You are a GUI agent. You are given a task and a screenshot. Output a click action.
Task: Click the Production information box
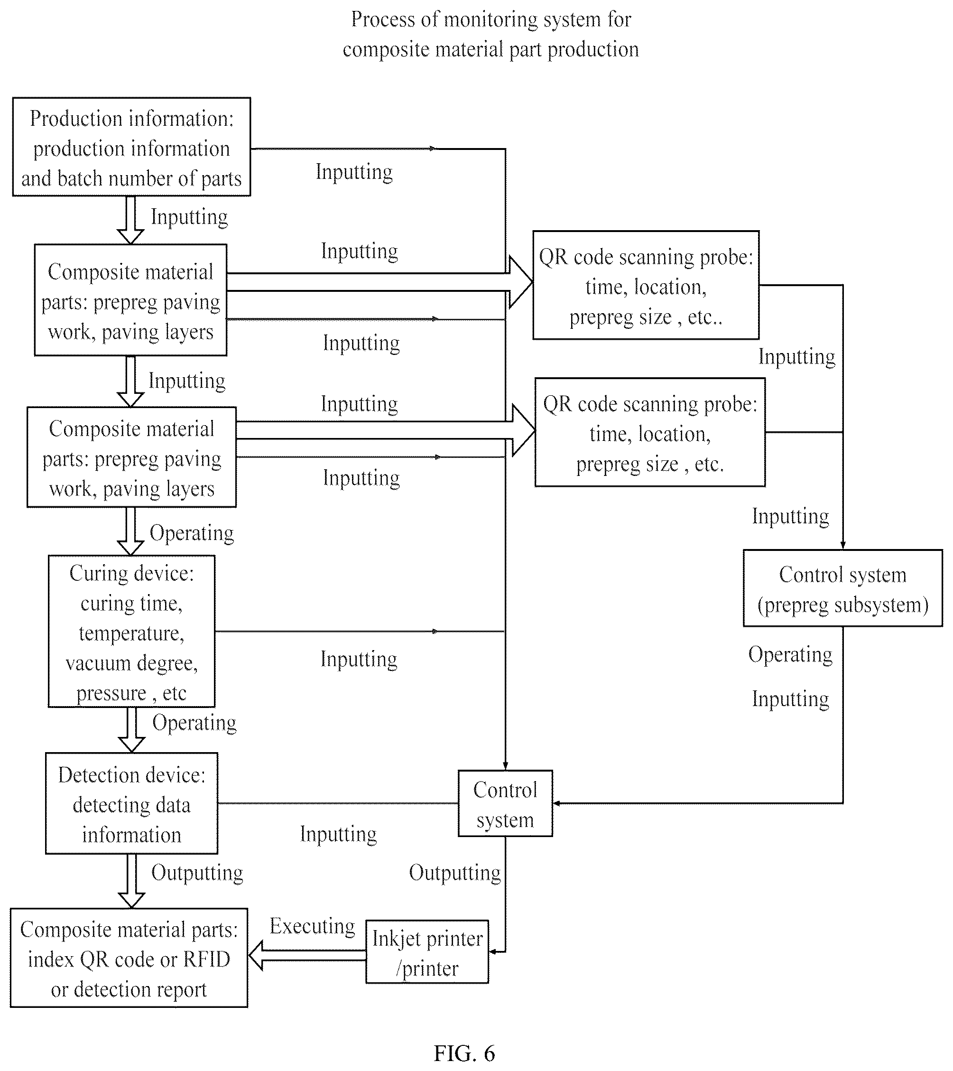[131, 147]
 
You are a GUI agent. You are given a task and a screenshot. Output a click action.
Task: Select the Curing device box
[131, 632]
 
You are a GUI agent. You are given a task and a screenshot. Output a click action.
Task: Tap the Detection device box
[131, 803]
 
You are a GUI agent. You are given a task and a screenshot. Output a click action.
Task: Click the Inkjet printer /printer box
[427, 951]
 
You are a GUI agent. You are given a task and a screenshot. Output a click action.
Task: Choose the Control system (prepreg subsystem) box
[842, 588]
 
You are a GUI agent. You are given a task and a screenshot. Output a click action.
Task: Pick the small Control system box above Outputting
[505, 803]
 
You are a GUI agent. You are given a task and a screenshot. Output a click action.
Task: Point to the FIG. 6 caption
[464, 1053]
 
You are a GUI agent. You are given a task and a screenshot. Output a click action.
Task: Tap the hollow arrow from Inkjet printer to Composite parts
[307, 955]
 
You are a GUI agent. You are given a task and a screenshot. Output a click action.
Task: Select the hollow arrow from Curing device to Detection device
[131, 730]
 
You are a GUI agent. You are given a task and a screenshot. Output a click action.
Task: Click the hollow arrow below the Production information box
[130, 220]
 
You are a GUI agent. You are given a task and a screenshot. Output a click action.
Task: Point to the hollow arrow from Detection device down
[131, 881]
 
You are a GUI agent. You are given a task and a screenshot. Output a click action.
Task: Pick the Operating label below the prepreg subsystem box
[790, 655]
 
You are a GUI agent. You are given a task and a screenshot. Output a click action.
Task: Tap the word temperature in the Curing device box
[131, 633]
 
